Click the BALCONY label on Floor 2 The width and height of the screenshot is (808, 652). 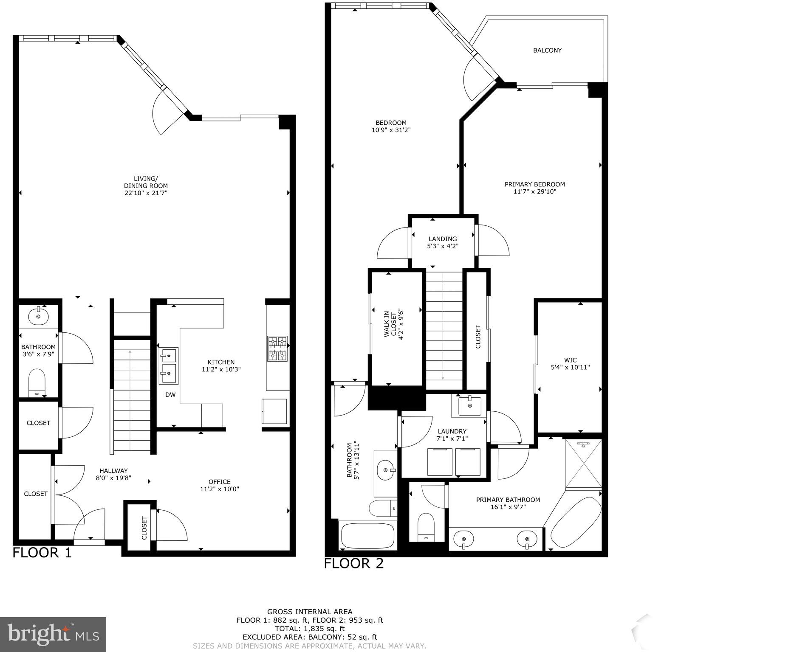547,50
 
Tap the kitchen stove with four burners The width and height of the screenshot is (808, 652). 277,348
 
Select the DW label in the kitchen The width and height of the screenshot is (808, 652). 170,395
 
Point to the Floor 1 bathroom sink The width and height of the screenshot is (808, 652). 38,316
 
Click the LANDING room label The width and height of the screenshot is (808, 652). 443,239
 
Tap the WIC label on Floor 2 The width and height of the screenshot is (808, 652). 570,360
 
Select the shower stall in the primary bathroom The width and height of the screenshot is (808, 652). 583,464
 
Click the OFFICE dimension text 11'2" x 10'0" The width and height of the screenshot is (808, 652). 220,489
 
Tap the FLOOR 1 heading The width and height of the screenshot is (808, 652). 42,553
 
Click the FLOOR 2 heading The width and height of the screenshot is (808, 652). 354,563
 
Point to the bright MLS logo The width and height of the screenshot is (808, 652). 53,635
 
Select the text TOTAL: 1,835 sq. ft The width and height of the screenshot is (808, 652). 310,629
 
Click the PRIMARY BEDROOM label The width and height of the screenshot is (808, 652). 534,184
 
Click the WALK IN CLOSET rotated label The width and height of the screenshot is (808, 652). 393,324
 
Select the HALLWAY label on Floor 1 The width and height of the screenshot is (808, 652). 113,470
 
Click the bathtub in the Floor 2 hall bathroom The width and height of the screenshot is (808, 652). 368,536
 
